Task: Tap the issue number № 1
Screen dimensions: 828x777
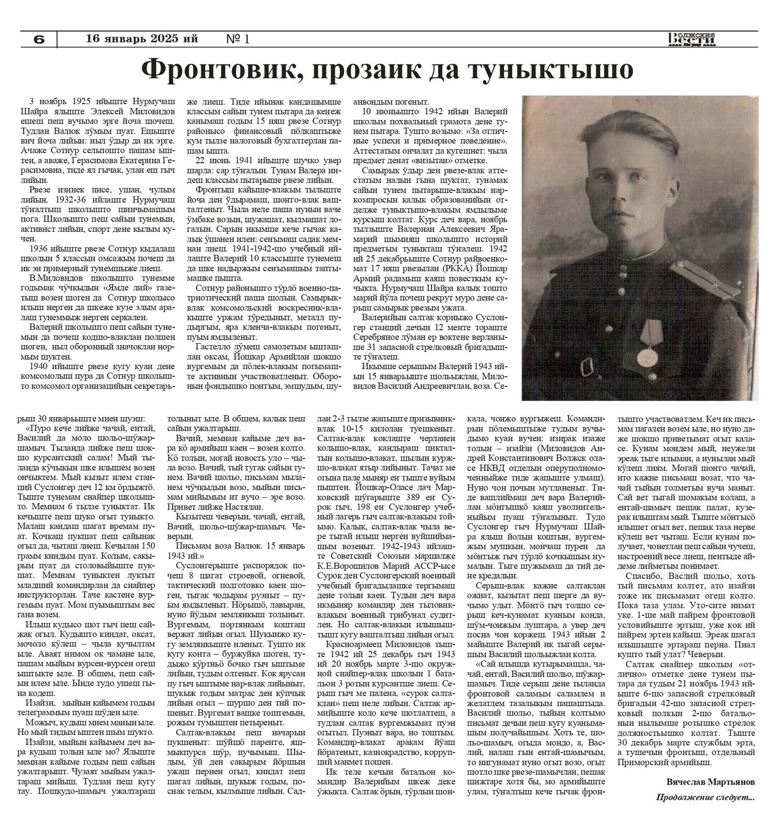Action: pos(238,39)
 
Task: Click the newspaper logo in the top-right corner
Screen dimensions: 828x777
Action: pos(692,39)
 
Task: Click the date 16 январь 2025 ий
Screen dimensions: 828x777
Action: pos(142,38)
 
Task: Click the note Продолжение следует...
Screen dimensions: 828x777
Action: pos(705,797)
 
